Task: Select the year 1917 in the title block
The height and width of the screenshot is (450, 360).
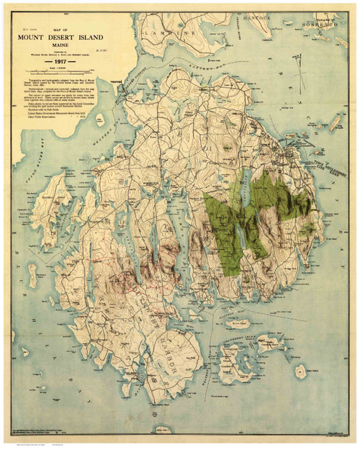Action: (63, 63)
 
